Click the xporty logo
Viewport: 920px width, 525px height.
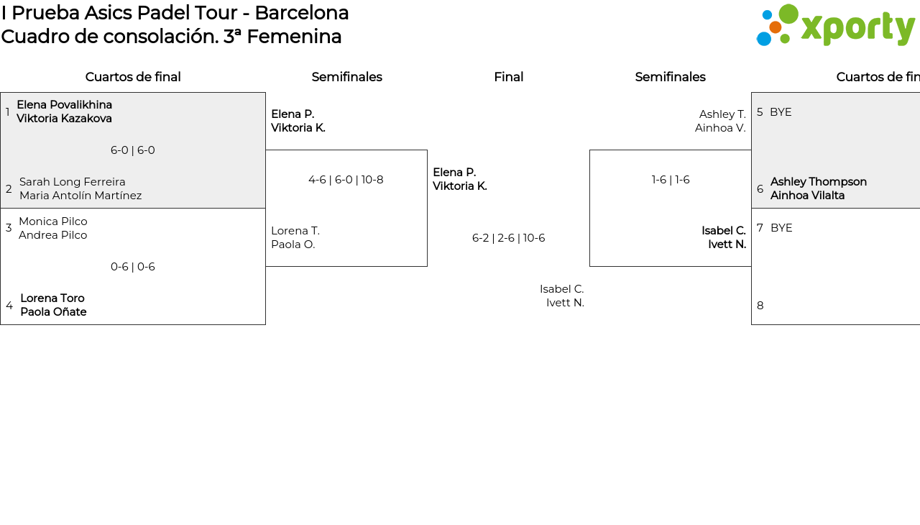tap(835, 25)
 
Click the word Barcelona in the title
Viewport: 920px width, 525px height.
tap(302, 13)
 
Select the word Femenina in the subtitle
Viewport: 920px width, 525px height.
tap(294, 37)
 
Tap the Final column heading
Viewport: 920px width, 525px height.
tap(508, 77)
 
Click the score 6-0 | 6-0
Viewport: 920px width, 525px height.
tap(133, 150)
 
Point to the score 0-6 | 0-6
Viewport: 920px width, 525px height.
tap(133, 267)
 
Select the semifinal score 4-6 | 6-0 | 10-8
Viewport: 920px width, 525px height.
tap(346, 180)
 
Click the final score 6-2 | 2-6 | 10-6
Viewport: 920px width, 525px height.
tap(508, 238)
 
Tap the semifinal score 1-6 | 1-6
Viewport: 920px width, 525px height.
tap(671, 180)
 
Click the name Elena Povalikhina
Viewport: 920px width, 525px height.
tap(65, 105)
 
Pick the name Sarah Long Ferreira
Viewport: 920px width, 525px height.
tap(73, 181)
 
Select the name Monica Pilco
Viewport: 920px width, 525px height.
tap(53, 222)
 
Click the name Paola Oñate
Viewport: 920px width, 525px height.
tap(53, 312)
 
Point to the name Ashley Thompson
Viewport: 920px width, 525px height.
tap(819, 181)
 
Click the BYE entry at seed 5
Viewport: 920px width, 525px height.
tap(781, 112)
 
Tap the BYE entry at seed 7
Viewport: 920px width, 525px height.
tap(781, 228)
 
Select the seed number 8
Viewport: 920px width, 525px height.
tap(760, 306)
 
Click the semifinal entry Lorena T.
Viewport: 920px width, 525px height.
tap(295, 231)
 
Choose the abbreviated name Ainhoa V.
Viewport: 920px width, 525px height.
tap(720, 128)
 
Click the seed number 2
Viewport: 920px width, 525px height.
tap(9, 189)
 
